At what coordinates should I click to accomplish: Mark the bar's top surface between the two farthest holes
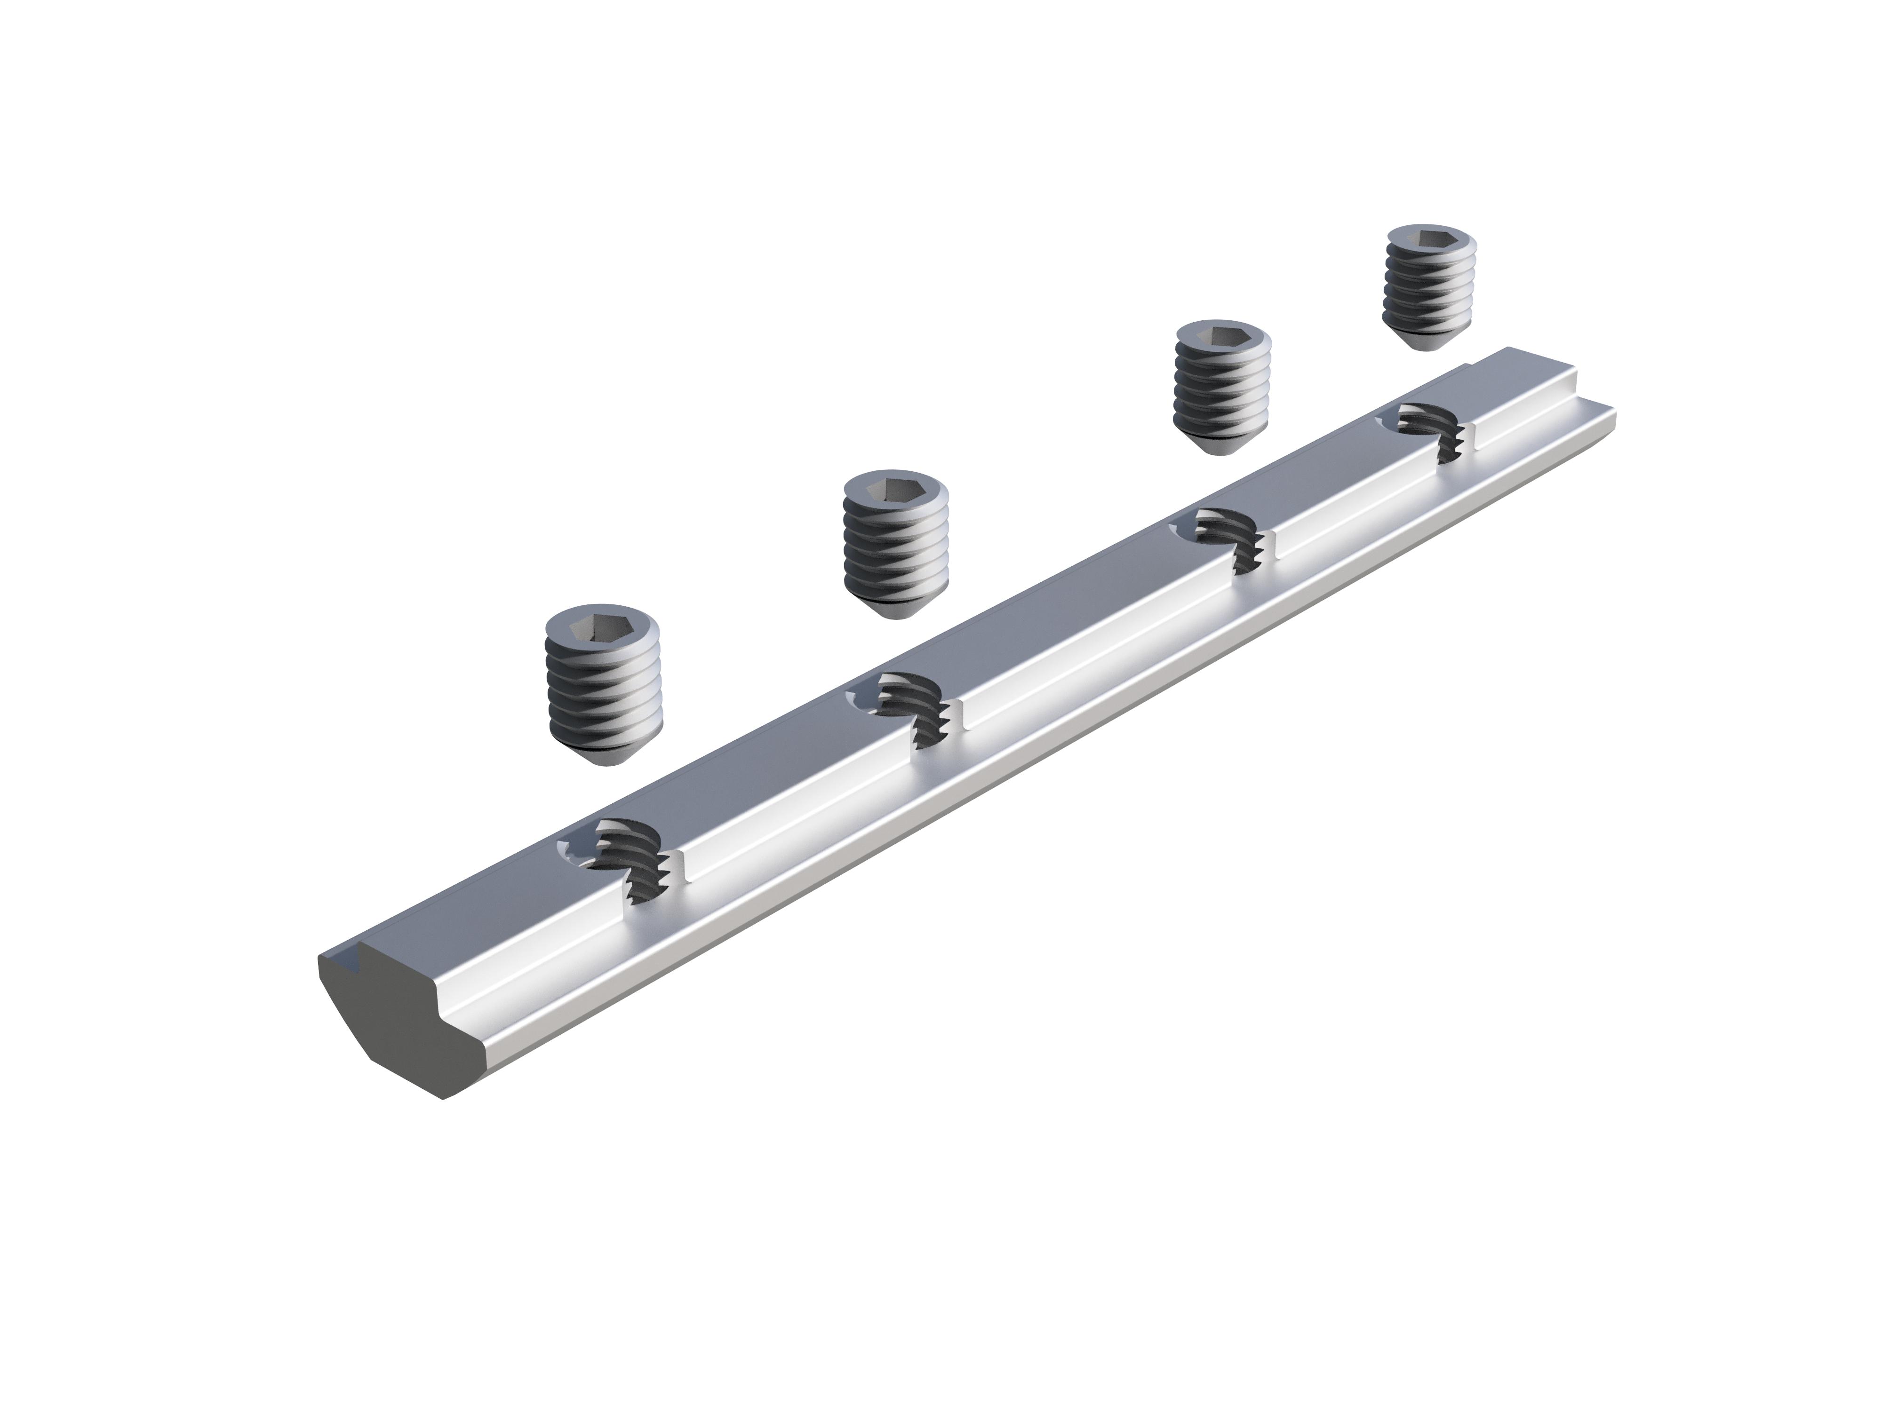pos(1327,476)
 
